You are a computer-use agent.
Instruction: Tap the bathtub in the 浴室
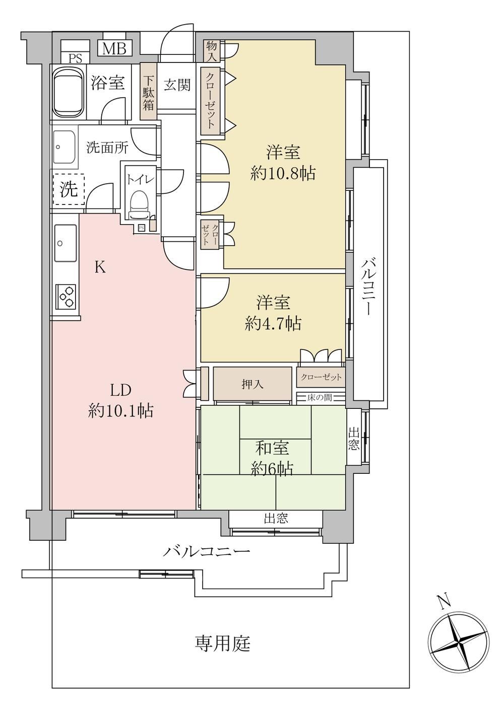coord(68,92)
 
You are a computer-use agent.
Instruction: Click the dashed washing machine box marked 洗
coord(69,189)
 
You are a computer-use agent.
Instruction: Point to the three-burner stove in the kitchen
coord(66,297)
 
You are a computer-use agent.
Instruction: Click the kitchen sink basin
coord(66,243)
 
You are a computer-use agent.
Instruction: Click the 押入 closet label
coord(253,384)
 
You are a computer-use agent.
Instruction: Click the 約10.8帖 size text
coord(283,174)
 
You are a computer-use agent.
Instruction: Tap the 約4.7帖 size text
coord(273,324)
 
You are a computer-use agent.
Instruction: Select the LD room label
coord(121,390)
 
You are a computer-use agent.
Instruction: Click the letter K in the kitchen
coord(100,267)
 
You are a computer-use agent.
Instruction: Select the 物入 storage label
coord(212,51)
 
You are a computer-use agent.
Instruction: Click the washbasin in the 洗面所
coord(64,147)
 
